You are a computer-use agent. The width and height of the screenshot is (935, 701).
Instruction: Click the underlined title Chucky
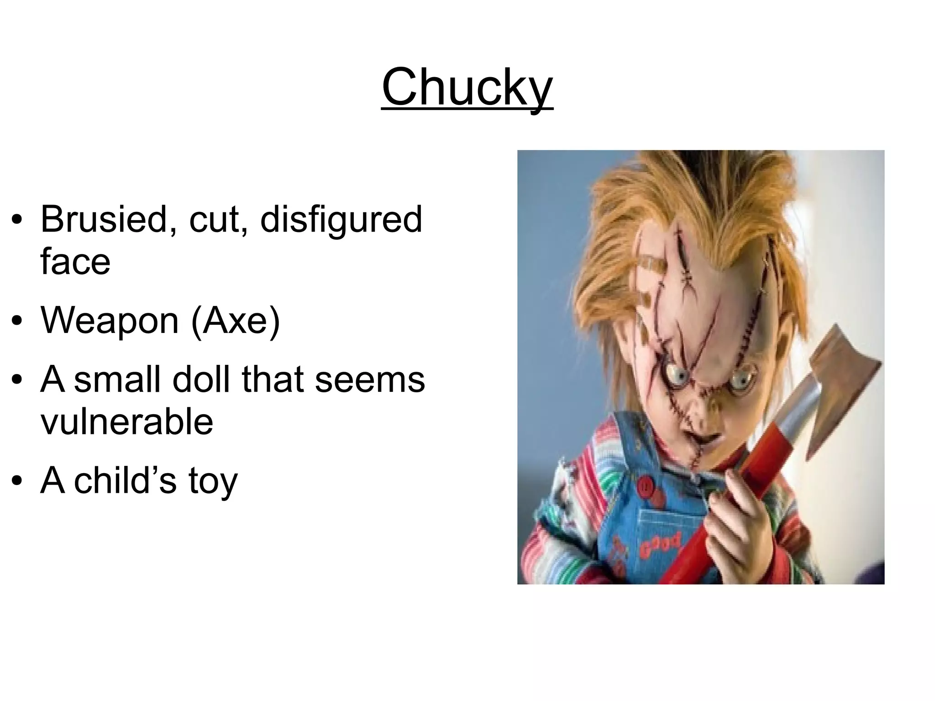pyautogui.click(x=467, y=87)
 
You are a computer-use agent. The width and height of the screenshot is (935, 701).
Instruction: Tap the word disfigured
pyautogui.click(x=341, y=219)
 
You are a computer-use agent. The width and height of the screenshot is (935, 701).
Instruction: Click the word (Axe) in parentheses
pyautogui.click(x=236, y=321)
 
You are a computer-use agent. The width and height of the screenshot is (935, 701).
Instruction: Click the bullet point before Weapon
pyautogui.click(x=17, y=322)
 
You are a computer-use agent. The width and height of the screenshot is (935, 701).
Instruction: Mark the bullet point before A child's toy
pyautogui.click(x=17, y=481)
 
